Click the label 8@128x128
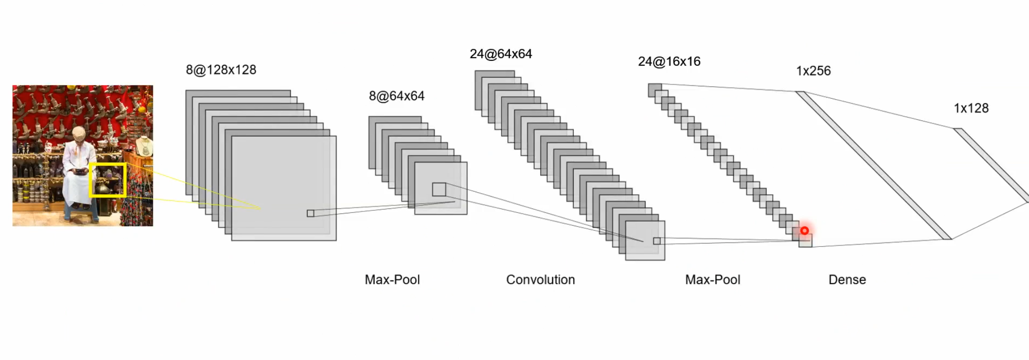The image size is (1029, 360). (x=221, y=70)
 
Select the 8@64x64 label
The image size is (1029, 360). (x=396, y=96)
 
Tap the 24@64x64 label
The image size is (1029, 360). (x=500, y=54)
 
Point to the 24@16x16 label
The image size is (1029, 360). (x=669, y=62)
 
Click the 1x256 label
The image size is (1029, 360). (x=813, y=71)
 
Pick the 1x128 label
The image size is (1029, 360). (x=971, y=109)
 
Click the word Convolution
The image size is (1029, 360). (x=540, y=280)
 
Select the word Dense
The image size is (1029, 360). (x=847, y=280)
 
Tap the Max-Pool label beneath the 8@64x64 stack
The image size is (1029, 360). (x=392, y=280)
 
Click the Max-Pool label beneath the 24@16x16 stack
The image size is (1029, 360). (x=712, y=280)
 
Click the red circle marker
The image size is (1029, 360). (x=804, y=231)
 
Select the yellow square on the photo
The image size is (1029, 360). (x=108, y=180)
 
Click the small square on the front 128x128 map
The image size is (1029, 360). (x=311, y=213)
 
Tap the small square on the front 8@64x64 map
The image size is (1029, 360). (x=439, y=189)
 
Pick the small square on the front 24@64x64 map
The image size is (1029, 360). (x=657, y=241)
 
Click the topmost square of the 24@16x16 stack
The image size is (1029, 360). (x=655, y=90)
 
